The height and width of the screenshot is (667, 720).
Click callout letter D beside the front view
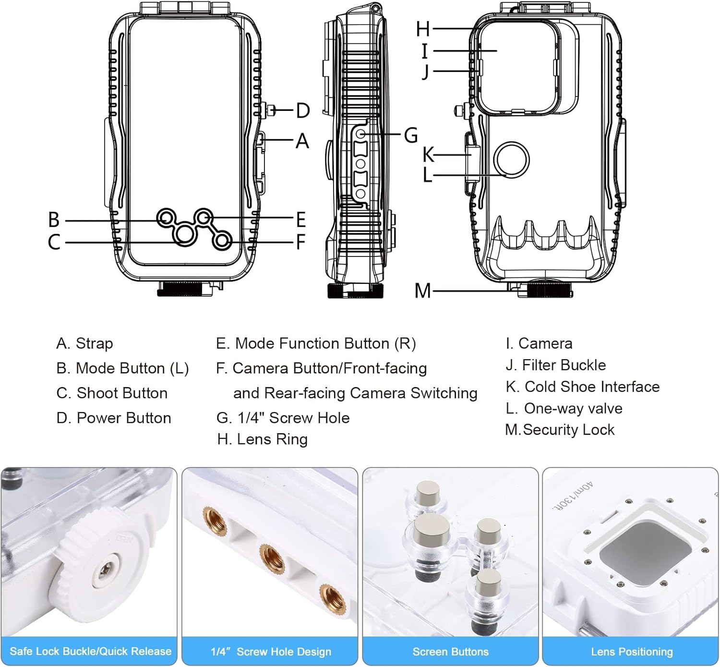pos(303,110)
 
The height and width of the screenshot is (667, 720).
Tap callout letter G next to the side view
pos(411,135)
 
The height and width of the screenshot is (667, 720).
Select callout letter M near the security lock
pos(422,291)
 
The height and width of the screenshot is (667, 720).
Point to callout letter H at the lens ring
pos(423,29)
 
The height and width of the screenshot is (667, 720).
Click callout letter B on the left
pos(54,220)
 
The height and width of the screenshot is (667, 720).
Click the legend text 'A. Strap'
pos(84,343)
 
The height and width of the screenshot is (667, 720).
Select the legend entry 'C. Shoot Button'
pos(112,393)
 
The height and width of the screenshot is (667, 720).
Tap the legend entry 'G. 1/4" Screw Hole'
pos(283,418)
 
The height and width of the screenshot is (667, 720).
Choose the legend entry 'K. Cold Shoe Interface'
pos(582,387)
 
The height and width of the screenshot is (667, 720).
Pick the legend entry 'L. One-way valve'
pos(564,408)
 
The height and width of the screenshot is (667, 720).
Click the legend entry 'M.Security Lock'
pos(560,430)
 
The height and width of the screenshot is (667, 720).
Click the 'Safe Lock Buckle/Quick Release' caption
pos(90,651)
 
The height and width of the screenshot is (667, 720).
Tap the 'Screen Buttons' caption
pos(450,652)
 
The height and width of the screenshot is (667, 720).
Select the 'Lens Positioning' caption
pos(632,652)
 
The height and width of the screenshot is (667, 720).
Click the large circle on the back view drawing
pos(512,159)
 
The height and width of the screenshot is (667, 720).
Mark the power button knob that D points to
pos(271,110)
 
